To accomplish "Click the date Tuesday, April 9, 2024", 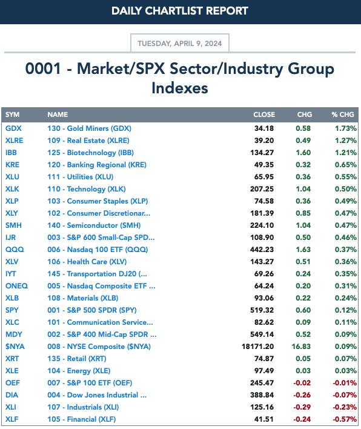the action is tap(180, 44).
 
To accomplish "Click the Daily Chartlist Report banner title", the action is tap(180, 11).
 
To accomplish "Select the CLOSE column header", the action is tap(264, 115).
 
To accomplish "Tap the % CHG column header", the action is tap(343, 115).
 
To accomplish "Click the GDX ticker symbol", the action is tap(13, 128).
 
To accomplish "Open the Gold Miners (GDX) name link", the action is tap(89, 128).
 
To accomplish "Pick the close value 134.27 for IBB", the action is tap(262, 153).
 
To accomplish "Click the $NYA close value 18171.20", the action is tap(257, 347).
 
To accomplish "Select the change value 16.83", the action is tap(301, 347).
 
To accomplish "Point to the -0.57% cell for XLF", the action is tap(345, 419).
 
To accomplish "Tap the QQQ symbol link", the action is tap(15, 250).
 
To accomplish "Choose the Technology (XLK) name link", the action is tap(87, 189).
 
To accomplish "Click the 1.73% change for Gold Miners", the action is tap(346, 128).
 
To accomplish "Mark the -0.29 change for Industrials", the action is tap(302, 407).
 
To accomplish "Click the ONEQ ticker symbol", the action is tap(17, 286).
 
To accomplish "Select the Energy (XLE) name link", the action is tap(79, 371).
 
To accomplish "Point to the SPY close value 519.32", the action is tap(262, 310).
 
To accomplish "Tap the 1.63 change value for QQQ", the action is tap(303, 250).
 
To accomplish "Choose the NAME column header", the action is tap(58, 115).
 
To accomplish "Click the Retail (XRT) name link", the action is tap(77, 359).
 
